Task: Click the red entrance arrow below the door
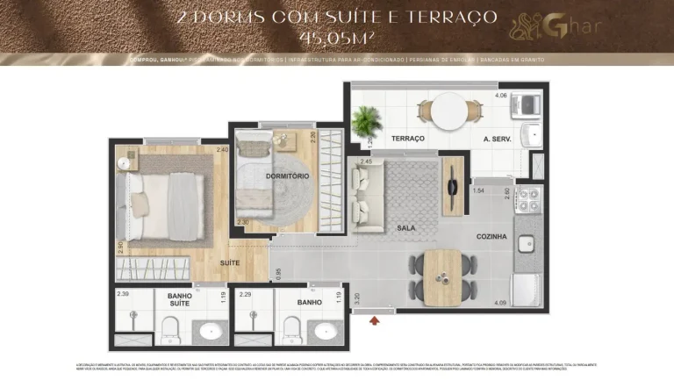(x=376, y=320)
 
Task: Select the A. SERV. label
(x=497, y=140)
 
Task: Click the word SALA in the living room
(x=405, y=228)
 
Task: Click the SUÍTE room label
(x=231, y=262)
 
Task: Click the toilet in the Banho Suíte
(x=170, y=331)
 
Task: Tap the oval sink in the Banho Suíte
(x=209, y=331)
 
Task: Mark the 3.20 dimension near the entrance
(x=356, y=297)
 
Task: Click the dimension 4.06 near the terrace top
(x=501, y=95)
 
